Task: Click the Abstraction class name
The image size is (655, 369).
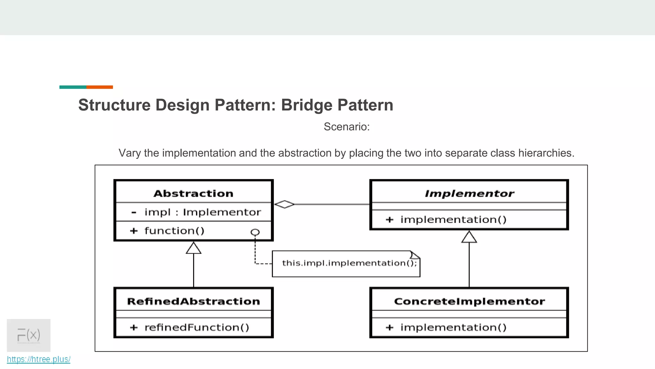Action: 193,193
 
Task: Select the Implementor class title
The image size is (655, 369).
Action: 469,193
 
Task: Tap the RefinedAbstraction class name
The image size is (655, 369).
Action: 193,301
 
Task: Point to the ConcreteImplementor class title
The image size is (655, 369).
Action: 469,301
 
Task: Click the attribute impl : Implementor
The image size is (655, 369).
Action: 202,212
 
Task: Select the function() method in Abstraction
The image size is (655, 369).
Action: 174,231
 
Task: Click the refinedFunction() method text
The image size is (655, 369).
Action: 197,327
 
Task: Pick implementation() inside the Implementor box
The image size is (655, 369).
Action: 453,220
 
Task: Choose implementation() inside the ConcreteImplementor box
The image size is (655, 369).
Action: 453,327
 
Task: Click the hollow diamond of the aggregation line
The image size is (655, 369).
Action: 284,204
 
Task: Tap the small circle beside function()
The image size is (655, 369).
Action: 255,232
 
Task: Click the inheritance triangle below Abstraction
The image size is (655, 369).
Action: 193,248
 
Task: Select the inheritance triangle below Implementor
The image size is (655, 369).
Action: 469,237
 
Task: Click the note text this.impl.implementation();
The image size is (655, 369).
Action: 349,263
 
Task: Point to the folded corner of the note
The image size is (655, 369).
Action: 415,255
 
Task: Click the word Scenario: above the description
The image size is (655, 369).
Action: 347,127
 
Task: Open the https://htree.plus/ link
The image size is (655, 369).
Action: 39,359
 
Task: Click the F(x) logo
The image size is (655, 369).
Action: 29,335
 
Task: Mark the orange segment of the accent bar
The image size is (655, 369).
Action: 99,87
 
